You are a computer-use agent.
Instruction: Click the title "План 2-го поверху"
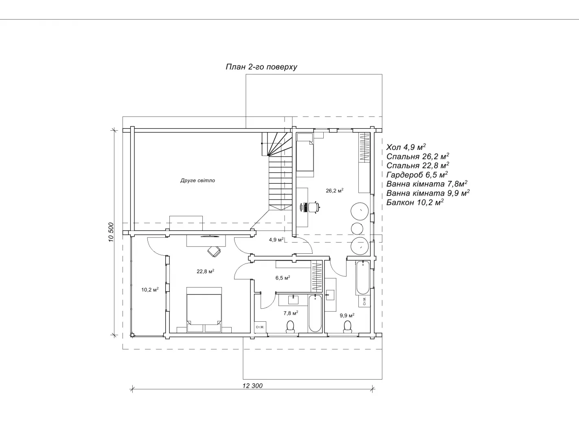coord(261,67)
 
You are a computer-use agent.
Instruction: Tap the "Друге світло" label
coord(197,180)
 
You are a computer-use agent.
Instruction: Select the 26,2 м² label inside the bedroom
coord(334,190)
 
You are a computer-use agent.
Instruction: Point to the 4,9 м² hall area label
coord(276,239)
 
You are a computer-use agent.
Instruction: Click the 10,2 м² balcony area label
coord(150,290)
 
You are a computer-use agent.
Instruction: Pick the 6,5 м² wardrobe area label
coord(283,278)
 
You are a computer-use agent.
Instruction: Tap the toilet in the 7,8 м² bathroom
coord(290,327)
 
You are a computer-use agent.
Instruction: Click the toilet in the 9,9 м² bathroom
coord(347,327)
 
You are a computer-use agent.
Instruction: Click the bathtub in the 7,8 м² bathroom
coord(315,313)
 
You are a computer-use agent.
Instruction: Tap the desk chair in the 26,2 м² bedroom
coord(314,207)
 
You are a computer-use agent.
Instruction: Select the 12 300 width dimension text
coord(252,386)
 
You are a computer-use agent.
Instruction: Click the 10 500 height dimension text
coord(111,232)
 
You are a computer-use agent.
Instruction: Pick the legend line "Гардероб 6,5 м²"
coord(417,175)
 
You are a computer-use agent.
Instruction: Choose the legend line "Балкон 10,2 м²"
coord(415,202)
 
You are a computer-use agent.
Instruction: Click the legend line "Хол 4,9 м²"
coord(406,147)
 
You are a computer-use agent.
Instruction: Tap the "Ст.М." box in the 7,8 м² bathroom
coord(260,327)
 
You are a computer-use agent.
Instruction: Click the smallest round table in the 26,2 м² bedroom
coord(357,228)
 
